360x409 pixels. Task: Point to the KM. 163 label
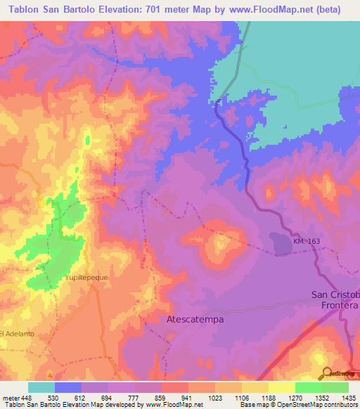[x=307, y=242]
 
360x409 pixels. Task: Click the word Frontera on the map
[x=337, y=306]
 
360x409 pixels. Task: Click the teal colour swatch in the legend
[x=41, y=387]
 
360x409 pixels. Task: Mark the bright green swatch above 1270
[x=308, y=387]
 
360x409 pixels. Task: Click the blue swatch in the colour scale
[x=67, y=387]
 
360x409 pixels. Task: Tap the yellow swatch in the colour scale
[x=281, y=387]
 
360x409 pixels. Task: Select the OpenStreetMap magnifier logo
[x=326, y=372]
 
